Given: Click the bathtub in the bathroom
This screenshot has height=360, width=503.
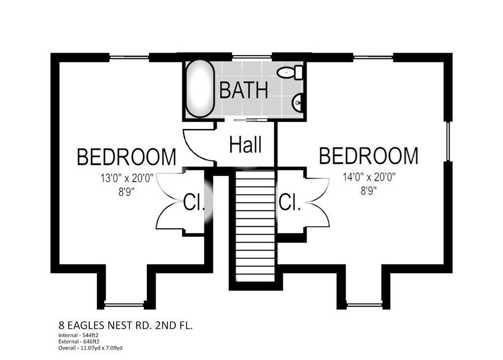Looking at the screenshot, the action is click(x=200, y=89).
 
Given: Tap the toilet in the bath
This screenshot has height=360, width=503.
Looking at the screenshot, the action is click(x=290, y=72).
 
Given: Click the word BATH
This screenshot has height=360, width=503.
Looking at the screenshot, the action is click(x=244, y=90).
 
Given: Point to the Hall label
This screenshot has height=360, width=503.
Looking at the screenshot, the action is click(x=246, y=144).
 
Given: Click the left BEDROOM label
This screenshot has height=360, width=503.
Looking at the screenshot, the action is click(x=127, y=157).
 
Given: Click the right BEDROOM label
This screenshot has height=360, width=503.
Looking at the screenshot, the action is click(x=368, y=156).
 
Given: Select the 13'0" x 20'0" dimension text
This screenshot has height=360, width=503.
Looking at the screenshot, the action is click(x=127, y=178).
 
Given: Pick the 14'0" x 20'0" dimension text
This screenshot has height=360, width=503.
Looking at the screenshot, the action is click(x=369, y=177).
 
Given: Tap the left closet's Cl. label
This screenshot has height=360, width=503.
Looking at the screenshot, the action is click(x=194, y=202).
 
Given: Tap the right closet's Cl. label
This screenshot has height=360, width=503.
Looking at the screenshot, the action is click(x=290, y=202).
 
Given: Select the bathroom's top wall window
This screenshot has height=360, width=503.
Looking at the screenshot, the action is click(x=252, y=57).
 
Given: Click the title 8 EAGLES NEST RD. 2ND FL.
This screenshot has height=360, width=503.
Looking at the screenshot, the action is click(x=126, y=326).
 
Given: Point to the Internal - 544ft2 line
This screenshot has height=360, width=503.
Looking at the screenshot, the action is click(x=79, y=335).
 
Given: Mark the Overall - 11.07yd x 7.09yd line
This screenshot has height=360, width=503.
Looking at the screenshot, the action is click(x=90, y=348).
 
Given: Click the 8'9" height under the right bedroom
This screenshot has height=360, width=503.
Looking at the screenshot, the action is click(x=368, y=192).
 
